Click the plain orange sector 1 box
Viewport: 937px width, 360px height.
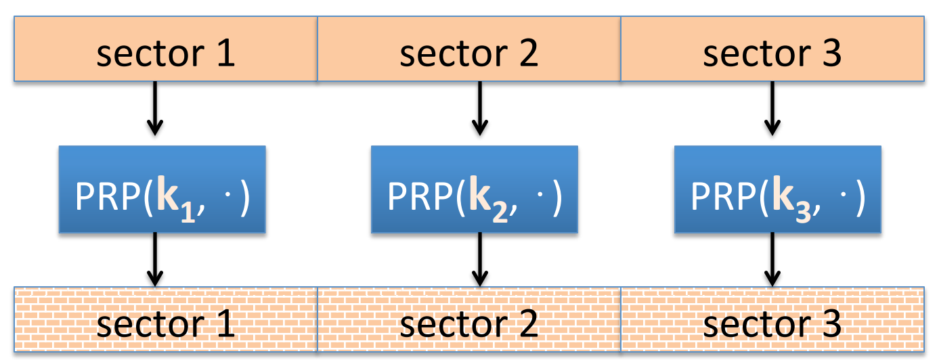click(166, 49)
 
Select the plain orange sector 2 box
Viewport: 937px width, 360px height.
click(468, 49)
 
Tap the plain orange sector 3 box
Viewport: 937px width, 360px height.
click(772, 49)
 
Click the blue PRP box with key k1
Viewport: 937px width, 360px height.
click(162, 189)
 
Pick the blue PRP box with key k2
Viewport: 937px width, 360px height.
click(474, 189)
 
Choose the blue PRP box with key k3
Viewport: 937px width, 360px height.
click(777, 189)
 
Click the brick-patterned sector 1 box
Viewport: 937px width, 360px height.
click(166, 319)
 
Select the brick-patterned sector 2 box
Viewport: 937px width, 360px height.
click(468, 319)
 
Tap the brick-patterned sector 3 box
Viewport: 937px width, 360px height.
click(772, 319)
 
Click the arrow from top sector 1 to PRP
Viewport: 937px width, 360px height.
click(156, 108)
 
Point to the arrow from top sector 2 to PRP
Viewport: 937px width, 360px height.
click(480, 108)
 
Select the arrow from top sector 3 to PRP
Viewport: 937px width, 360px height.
click(771, 108)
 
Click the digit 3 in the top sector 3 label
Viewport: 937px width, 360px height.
click(830, 53)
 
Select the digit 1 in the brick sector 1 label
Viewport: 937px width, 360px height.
click(224, 324)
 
